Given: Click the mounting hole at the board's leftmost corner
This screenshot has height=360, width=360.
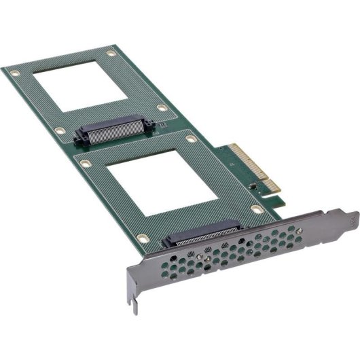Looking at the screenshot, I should pyautogui.click(x=14, y=71).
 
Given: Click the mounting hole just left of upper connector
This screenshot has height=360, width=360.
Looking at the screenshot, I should pyautogui.click(x=60, y=130).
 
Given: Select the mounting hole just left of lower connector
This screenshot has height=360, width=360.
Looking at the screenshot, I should pyautogui.click(x=142, y=237).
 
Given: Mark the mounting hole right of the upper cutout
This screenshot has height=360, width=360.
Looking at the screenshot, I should pyautogui.click(x=162, y=107).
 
